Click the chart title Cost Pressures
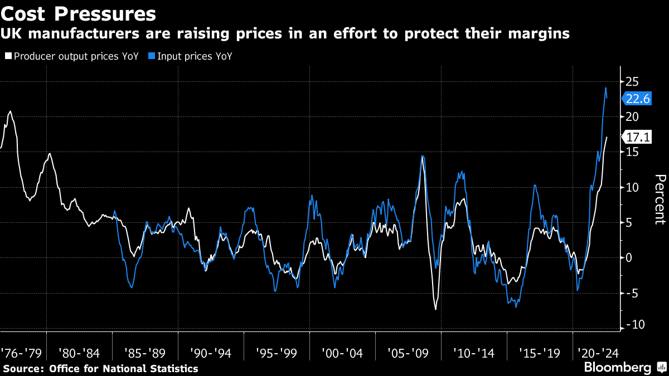(x=78, y=12)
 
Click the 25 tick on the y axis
(x=633, y=81)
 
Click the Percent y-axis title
(x=660, y=199)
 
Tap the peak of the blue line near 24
(x=605, y=87)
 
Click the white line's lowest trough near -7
(x=435, y=309)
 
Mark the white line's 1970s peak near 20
(x=10, y=111)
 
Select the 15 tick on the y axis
(x=633, y=152)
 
